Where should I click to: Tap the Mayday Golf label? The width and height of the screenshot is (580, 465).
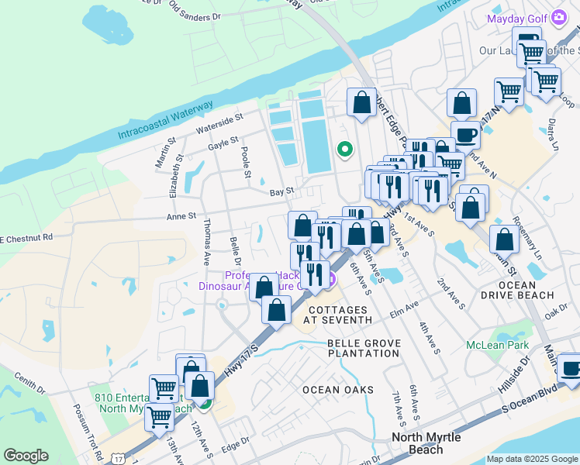(x=518, y=19)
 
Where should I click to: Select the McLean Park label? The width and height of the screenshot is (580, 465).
(x=496, y=345)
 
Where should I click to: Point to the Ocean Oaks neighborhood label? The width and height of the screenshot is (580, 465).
(x=337, y=390)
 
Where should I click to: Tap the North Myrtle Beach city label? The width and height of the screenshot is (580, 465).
(x=426, y=443)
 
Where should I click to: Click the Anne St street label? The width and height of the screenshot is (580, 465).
(x=181, y=218)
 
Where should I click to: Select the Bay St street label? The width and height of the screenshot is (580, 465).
(x=281, y=191)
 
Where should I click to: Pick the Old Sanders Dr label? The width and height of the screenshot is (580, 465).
(x=195, y=14)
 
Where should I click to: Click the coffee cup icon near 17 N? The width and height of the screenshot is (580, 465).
(x=465, y=135)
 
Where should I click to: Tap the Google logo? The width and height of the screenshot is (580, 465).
(x=26, y=456)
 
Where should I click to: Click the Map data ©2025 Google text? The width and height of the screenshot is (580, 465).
(x=532, y=459)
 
